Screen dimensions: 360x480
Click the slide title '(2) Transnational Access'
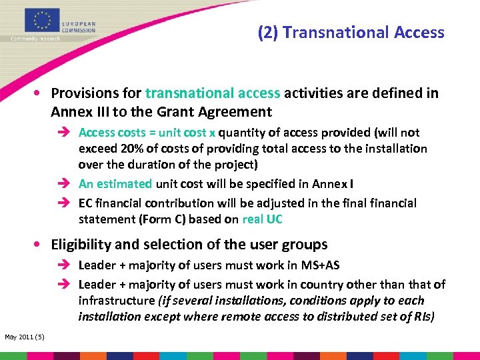pyautogui.click(x=351, y=32)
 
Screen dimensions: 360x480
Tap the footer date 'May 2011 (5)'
pyautogui.click(x=25, y=336)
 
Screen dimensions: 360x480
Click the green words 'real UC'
pyautogui.click(x=262, y=219)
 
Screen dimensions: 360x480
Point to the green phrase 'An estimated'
pyautogui.click(x=115, y=184)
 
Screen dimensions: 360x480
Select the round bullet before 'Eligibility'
pyautogui.click(x=41, y=245)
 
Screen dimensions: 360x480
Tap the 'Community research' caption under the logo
pyautogui.click(x=35, y=38)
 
